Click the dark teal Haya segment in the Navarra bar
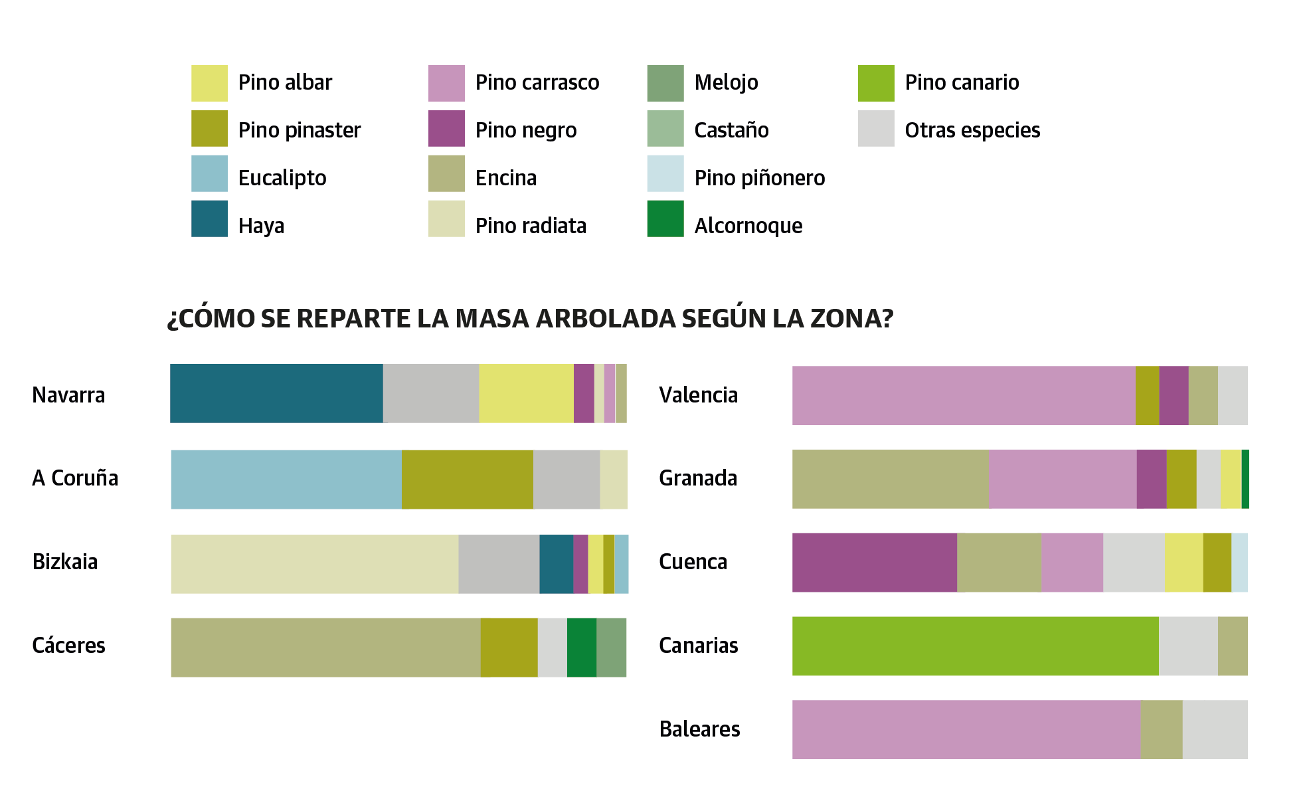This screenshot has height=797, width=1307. [x=276, y=393]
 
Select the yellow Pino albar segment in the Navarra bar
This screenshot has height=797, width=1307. [x=526, y=393]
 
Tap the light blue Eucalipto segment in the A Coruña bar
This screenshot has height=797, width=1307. [x=286, y=480]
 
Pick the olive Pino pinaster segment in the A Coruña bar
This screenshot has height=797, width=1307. [x=467, y=480]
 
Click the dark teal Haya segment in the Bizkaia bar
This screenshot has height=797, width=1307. [x=556, y=564]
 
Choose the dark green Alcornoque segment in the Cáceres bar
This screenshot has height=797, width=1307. [x=582, y=648]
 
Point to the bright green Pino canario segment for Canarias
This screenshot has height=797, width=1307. [x=975, y=646]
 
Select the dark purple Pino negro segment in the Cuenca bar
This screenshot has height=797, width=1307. [x=874, y=563]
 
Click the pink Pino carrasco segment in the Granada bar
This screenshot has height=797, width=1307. [x=1063, y=479]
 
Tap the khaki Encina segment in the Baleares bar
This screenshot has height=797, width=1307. [x=1162, y=729]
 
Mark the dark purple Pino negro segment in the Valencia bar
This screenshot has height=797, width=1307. [x=1174, y=395]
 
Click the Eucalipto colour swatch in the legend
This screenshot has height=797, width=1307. [x=209, y=173]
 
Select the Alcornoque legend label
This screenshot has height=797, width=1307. [x=748, y=226]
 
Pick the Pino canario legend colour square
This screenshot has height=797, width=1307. [x=876, y=83]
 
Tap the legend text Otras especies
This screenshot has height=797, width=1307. [x=972, y=130]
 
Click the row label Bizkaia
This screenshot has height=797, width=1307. [x=65, y=562]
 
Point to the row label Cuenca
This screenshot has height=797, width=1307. [x=693, y=562]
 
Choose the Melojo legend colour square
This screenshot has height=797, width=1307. [x=665, y=83]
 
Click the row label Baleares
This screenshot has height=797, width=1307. [x=699, y=729]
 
